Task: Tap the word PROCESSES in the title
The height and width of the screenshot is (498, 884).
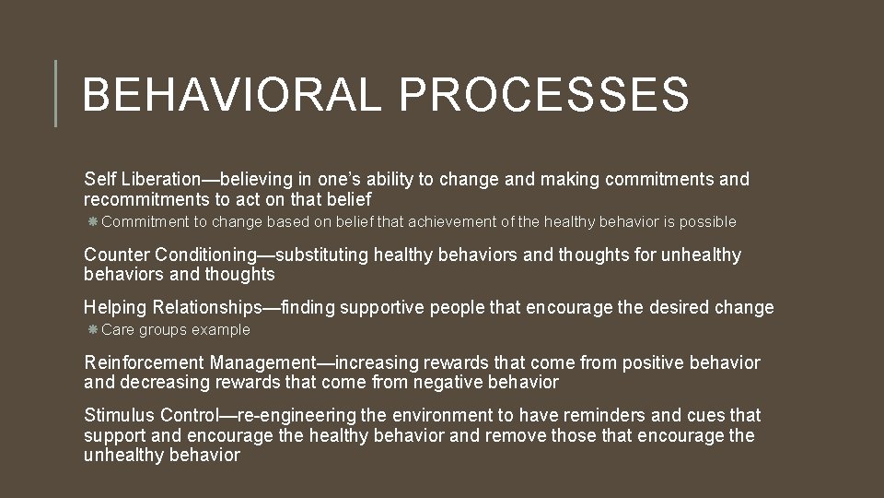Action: [x=544, y=94]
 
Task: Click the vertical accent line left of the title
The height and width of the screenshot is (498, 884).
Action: [x=56, y=93]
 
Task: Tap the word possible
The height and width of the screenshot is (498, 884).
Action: [x=708, y=221]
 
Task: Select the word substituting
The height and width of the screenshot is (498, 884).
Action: [x=322, y=255]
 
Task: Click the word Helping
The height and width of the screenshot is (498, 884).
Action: [x=116, y=308]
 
